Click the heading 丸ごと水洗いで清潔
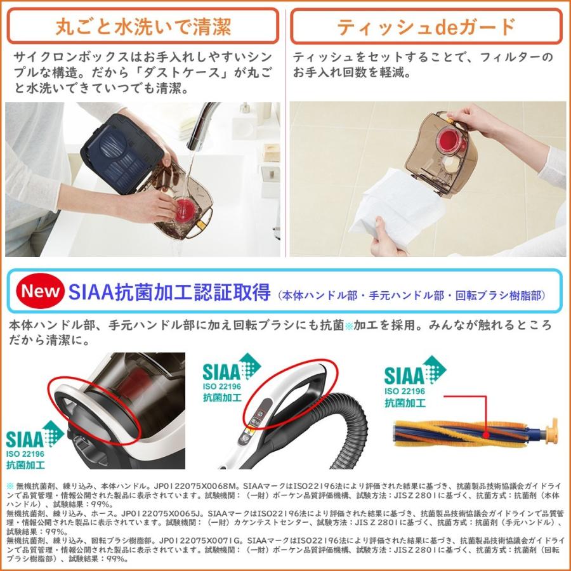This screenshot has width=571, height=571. (143, 27)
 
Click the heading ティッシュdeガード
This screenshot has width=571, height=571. (426, 27)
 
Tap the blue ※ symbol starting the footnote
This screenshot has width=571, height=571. (10, 485)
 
